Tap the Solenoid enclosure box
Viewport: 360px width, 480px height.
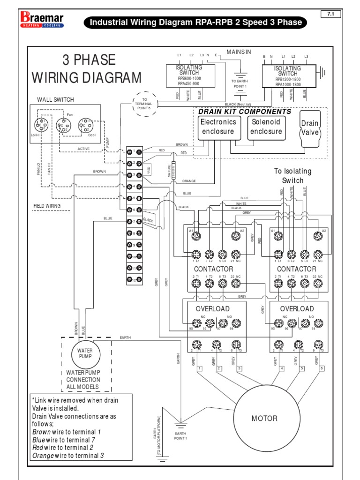266,127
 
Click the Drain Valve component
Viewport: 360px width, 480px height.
310,128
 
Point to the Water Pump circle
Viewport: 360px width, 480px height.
85,353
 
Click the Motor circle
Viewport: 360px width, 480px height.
264,418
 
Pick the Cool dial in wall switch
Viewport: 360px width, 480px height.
85,126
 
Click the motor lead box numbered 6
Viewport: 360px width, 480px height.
322,368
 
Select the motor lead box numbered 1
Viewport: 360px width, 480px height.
199,368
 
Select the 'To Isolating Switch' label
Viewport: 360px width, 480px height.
292,176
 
